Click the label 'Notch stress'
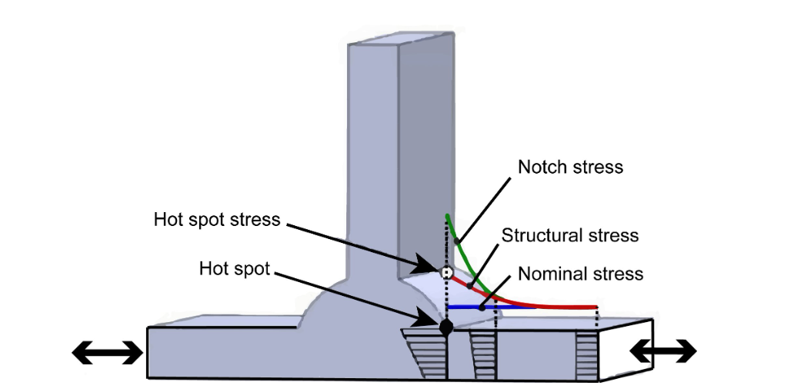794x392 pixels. pos(569,167)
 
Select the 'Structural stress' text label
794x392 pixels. pos(570,235)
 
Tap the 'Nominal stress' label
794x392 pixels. pos(580,274)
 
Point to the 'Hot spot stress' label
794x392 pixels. pos(217,220)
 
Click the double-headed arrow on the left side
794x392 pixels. pos(107,353)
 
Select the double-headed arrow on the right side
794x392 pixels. pos(663,351)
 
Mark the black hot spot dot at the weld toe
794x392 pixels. pos(445,327)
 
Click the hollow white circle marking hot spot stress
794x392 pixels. pos(445,272)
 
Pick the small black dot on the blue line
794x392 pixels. pos(482,307)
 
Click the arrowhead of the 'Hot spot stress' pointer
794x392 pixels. pos(431,268)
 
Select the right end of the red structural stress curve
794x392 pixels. pos(597,307)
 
